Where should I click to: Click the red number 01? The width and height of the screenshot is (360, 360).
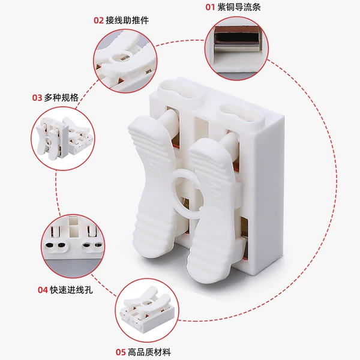tap(210, 7)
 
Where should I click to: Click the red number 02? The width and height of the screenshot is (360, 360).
tap(99, 20)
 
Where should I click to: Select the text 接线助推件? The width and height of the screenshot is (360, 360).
tap(127, 20)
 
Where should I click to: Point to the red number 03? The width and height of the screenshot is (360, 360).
tap(37, 98)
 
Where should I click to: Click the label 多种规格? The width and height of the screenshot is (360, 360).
tap(61, 98)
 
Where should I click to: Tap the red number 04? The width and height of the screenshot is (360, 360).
tap(43, 290)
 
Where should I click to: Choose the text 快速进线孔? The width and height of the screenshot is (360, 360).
tap(71, 290)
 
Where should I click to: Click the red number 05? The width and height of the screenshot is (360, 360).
tap(121, 352)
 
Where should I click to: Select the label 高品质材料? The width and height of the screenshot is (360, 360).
tap(149, 352)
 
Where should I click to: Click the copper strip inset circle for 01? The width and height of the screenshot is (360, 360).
tap(236, 49)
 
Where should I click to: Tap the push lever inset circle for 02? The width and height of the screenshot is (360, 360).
tap(125, 61)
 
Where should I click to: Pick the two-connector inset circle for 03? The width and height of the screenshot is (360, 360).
tap(62, 139)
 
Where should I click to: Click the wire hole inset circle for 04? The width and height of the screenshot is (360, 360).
tap(73, 246)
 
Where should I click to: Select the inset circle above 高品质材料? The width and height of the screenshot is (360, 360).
tap(147, 311)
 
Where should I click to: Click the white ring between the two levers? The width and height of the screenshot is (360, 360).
tap(175, 184)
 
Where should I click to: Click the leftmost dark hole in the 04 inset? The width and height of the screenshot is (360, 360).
tap(49, 245)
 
